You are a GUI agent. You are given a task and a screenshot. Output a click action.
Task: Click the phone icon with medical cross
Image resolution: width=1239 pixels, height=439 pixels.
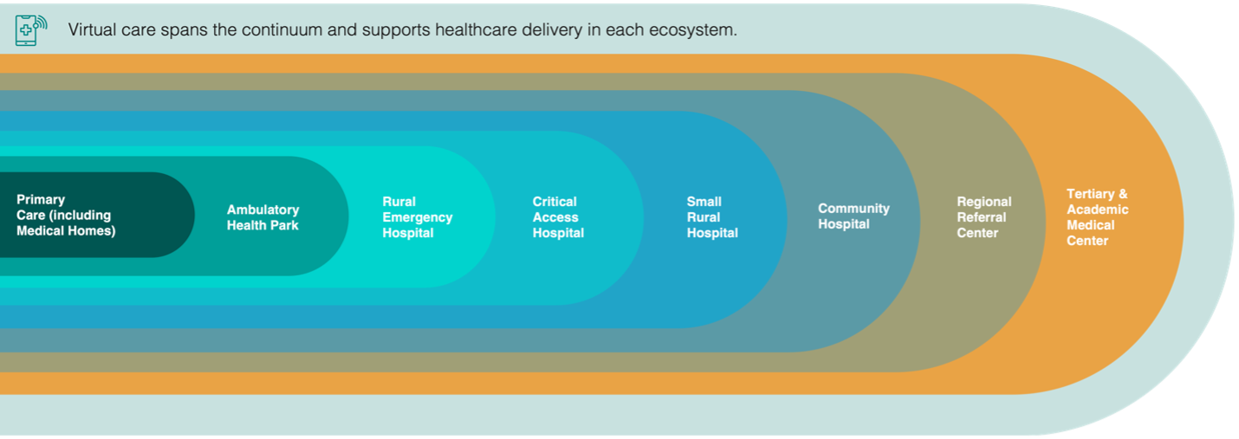31,29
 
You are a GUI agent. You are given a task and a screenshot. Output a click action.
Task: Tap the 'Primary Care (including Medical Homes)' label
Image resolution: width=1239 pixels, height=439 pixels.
66,215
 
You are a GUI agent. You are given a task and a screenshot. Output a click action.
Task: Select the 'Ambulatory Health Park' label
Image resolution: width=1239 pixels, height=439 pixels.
263,217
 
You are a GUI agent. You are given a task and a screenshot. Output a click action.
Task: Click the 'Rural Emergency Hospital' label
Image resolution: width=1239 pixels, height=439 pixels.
417,217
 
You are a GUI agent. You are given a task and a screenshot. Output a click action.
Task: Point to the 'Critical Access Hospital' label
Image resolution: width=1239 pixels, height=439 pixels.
558,217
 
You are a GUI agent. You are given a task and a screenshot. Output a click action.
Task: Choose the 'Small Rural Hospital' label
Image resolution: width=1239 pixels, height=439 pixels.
712,217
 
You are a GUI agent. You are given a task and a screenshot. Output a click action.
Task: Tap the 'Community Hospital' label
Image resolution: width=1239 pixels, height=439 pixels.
853,216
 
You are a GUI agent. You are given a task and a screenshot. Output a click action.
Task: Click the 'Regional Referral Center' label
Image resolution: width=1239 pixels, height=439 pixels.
984,217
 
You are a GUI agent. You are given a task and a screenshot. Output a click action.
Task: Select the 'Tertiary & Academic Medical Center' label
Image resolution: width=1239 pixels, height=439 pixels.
1097,217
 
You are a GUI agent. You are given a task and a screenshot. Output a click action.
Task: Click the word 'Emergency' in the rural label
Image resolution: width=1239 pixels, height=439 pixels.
417,218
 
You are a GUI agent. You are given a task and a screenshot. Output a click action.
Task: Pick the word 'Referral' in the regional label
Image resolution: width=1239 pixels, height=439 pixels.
982,217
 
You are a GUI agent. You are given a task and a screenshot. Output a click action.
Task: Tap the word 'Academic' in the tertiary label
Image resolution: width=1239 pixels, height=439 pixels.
1098,210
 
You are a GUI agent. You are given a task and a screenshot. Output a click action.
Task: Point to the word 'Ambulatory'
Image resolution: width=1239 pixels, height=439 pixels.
263,210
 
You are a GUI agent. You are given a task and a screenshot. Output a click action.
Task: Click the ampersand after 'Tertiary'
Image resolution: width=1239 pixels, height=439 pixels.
1123,194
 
